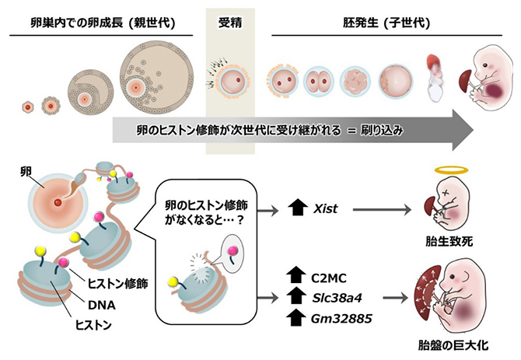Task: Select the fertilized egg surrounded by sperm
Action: point(231,79)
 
